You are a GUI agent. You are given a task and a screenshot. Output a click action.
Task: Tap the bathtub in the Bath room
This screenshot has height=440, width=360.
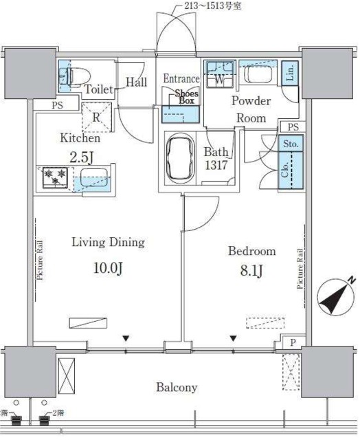click(x=180, y=158)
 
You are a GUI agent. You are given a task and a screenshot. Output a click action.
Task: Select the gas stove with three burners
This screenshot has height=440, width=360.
click(x=55, y=177)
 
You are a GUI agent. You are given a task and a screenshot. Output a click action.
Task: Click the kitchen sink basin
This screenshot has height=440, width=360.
click(x=94, y=177)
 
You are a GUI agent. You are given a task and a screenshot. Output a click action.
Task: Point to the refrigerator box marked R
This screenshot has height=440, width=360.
click(x=96, y=117)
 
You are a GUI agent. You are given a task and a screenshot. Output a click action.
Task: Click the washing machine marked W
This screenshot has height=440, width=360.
click(x=220, y=74)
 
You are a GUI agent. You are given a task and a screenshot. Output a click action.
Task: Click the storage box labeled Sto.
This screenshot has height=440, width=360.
click(x=291, y=144)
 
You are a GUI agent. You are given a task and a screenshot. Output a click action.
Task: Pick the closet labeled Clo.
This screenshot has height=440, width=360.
click(x=291, y=170)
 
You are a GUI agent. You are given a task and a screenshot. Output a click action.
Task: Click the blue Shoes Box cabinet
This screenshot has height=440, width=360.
click(x=181, y=114)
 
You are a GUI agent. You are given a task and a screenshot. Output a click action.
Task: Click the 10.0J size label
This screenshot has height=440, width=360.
click(x=108, y=268)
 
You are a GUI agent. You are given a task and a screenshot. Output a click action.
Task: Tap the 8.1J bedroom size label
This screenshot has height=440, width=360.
click(x=251, y=271)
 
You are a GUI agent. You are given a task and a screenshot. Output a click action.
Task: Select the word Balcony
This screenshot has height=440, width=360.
click(x=177, y=387)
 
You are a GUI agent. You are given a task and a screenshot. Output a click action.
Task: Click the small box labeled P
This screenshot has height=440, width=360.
click(x=293, y=342)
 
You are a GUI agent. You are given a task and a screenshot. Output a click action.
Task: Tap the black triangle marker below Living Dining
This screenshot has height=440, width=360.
click(x=126, y=339)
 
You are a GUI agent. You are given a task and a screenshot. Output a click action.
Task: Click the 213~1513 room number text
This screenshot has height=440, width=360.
click(x=212, y=6)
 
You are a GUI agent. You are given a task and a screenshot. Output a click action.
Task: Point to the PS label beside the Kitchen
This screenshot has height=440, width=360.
click(x=58, y=105)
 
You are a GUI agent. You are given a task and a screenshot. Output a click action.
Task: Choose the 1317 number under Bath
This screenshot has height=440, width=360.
click(x=216, y=165)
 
